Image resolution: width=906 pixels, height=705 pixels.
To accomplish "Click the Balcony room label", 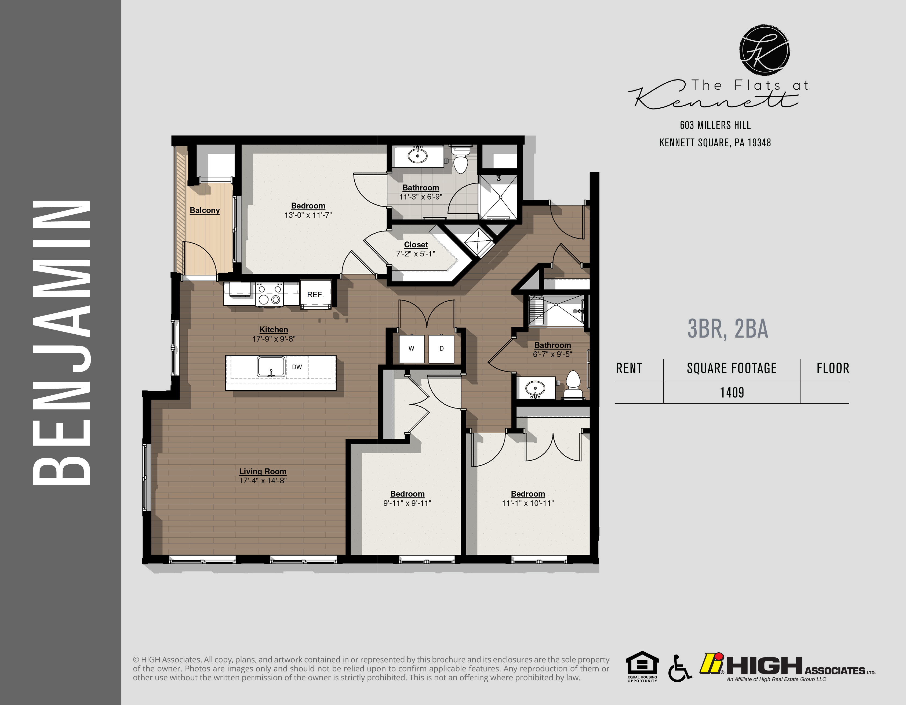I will click(x=205, y=210).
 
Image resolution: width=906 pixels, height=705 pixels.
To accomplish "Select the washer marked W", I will click(x=411, y=349).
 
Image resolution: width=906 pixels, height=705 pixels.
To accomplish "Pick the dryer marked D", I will click(x=441, y=349).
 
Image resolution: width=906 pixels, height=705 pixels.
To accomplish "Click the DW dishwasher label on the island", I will click(x=297, y=367).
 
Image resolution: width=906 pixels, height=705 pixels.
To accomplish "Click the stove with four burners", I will click(x=269, y=294).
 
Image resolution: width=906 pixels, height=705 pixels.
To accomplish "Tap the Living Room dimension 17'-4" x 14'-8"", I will click(x=263, y=480).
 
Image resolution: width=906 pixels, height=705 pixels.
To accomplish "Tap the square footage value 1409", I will click(x=732, y=393).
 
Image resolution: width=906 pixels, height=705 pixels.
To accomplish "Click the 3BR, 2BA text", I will click(x=728, y=329).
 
